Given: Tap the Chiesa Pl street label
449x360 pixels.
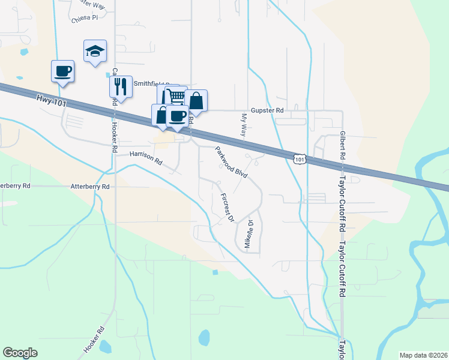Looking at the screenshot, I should [84, 19].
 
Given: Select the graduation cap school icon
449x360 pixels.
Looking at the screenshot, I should [95, 52].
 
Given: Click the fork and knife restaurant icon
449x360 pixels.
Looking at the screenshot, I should [121, 86].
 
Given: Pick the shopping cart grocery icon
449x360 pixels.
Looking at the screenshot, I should [175, 95].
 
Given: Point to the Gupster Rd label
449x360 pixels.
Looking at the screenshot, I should [267, 110].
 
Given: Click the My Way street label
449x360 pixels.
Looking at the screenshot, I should [244, 125].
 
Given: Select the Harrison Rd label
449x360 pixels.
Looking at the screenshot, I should [146, 158].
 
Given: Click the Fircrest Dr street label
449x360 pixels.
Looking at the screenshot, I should [226, 208].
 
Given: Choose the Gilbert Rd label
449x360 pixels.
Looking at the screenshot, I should [342, 145].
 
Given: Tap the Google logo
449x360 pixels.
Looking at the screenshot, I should [20, 353].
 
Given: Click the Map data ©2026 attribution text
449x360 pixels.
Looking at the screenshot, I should [423, 355].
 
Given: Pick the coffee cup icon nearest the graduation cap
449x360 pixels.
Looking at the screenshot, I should [63, 71].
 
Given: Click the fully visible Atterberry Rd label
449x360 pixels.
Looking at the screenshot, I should [90, 187].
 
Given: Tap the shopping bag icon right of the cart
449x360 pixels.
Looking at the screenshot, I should [196, 101].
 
